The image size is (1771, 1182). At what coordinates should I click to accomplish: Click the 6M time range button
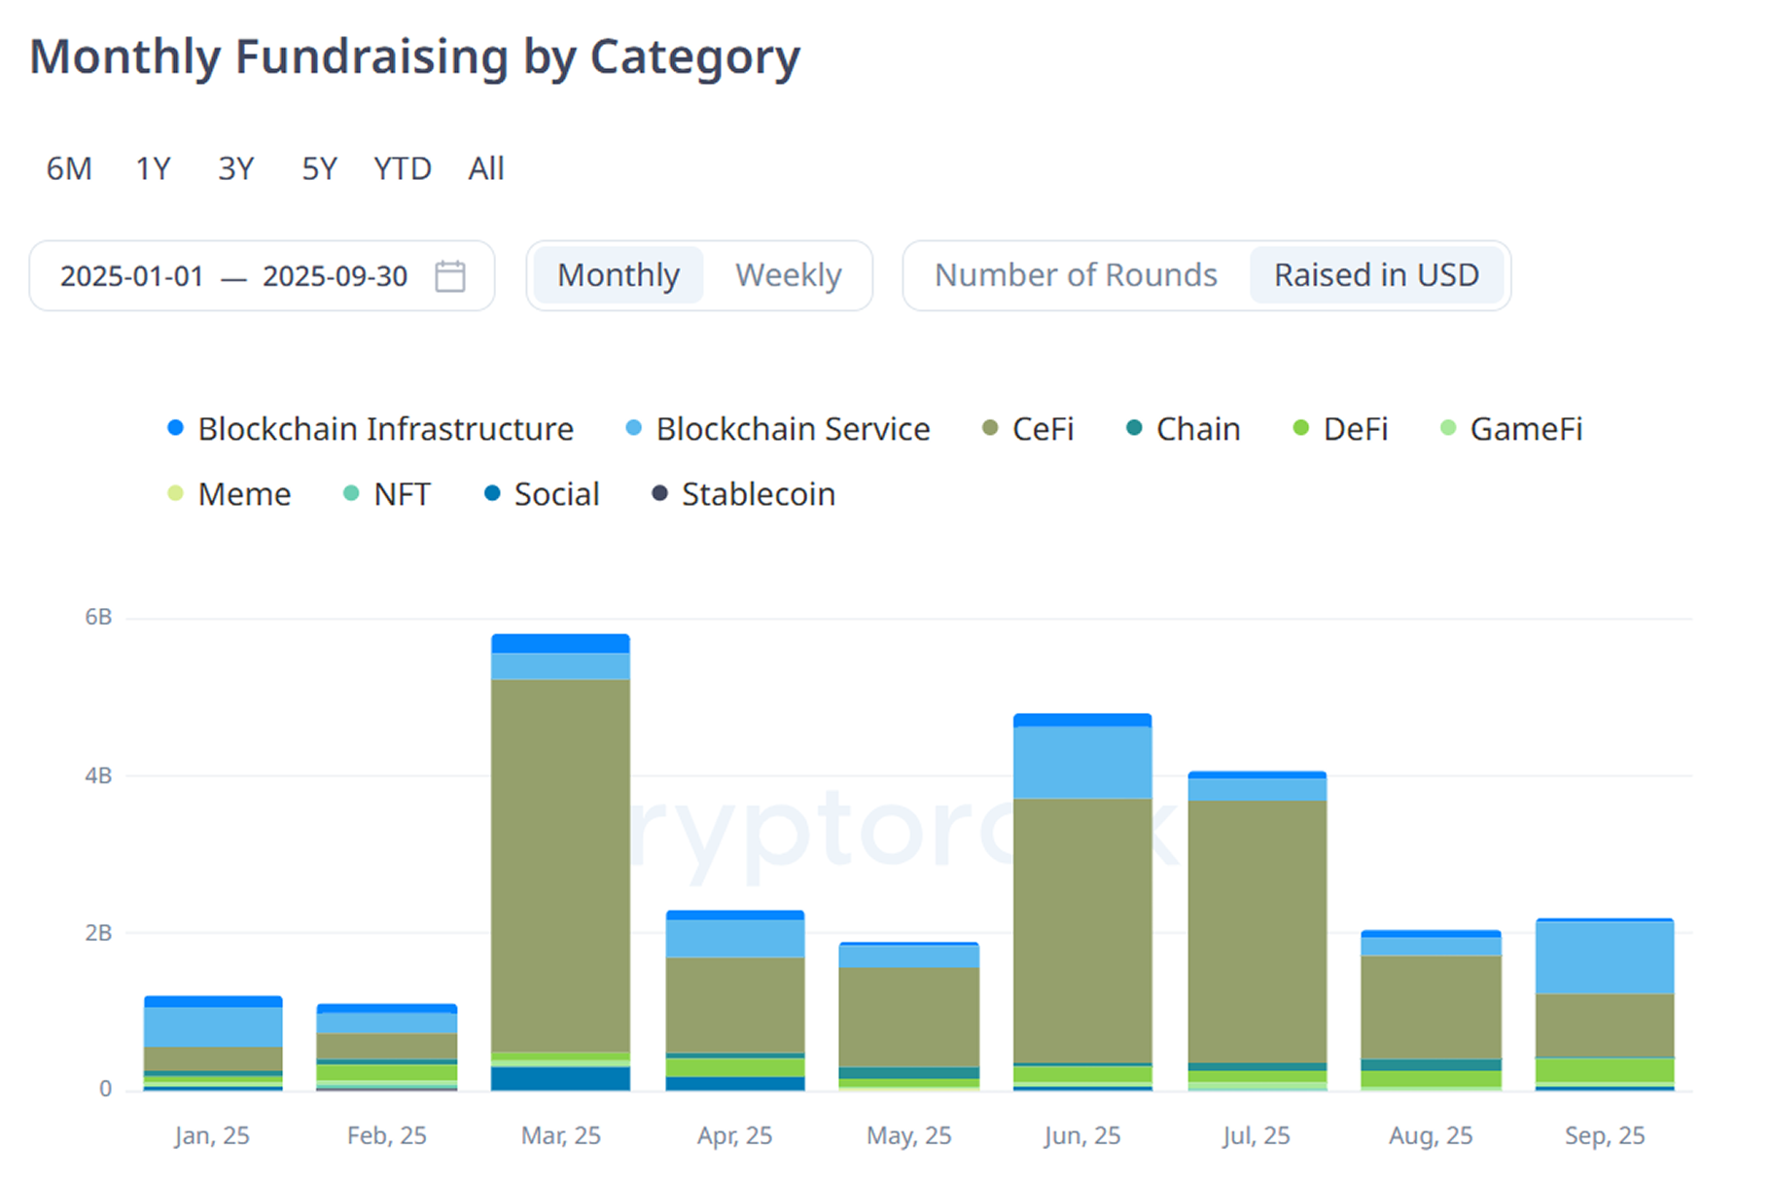tap(69, 168)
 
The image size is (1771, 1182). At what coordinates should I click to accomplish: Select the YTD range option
tap(402, 168)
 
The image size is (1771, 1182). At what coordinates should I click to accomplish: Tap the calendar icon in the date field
tap(449, 276)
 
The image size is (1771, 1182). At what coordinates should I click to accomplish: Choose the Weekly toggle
tap(788, 275)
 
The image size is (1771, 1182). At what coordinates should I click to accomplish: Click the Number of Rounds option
tap(1075, 275)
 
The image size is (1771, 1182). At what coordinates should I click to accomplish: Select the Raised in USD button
tap(1376, 275)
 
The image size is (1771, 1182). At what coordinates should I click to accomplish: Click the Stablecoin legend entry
tap(757, 494)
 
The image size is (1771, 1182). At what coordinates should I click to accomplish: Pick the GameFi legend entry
tap(1525, 429)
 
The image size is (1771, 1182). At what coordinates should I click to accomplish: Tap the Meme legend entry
tap(243, 494)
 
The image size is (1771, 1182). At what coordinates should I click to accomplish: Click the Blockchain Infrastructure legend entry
tap(384, 429)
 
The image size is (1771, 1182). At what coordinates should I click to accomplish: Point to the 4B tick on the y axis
tap(98, 775)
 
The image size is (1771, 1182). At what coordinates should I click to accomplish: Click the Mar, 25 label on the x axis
tap(560, 1135)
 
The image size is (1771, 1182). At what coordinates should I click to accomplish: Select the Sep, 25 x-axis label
tap(1604, 1135)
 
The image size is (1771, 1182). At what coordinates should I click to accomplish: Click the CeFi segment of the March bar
tap(560, 866)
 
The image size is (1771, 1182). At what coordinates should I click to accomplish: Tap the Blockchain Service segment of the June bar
tap(1081, 763)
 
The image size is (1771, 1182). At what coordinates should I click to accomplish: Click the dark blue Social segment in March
tap(560, 1078)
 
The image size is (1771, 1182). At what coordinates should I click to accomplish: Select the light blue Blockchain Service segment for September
tap(1604, 957)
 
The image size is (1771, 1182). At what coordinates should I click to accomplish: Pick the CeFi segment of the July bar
tap(1257, 931)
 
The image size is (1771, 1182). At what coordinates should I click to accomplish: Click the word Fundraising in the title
tap(372, 56)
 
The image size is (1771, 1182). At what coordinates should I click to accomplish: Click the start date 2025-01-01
tap(131, 276)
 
